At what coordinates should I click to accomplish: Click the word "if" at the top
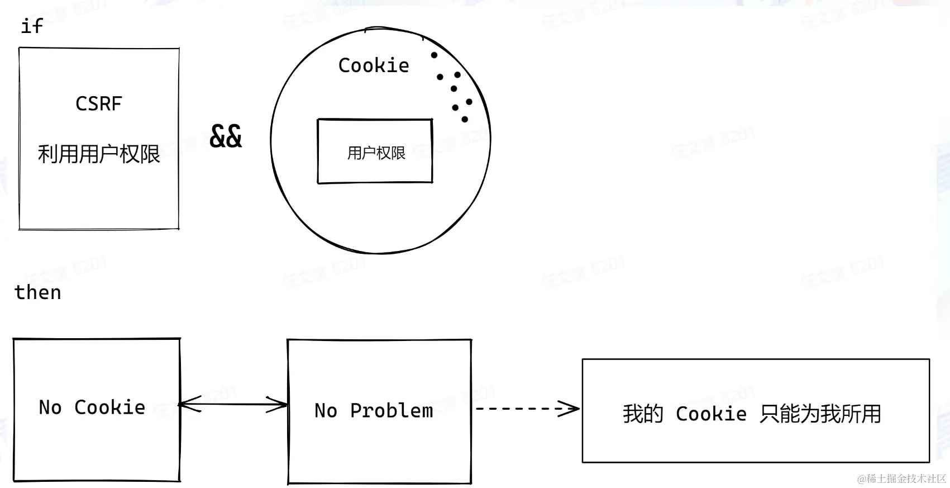[x=31, y=26]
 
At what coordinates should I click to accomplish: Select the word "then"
[x=37, y=292]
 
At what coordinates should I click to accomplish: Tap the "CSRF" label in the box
[x=99, y=104]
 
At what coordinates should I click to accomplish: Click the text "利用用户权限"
[x=99, y=154]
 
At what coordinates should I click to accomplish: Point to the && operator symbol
[x=226, y=136]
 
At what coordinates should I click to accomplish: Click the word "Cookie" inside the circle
[x=374, y=65]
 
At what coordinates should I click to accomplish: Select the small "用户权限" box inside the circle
[x=375, y=151]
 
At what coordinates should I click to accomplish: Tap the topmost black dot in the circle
[x=434, y=55]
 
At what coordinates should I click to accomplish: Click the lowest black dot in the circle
[x=465, y=119]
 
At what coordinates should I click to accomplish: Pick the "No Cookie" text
[x=92, y=408]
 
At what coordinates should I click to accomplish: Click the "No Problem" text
[x=374, y=411]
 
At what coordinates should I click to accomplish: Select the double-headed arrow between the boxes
[x=233, y=404]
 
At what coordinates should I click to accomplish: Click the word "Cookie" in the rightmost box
[x=711, y=414]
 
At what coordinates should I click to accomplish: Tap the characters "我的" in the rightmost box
[x=643, y=414]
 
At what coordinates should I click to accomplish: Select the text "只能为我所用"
[x=820, y=414]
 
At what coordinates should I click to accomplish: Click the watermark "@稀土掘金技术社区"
[x=901, y=479]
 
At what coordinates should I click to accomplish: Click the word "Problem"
[x=392, y=411]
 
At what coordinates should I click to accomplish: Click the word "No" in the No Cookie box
[x=50, y=408]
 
